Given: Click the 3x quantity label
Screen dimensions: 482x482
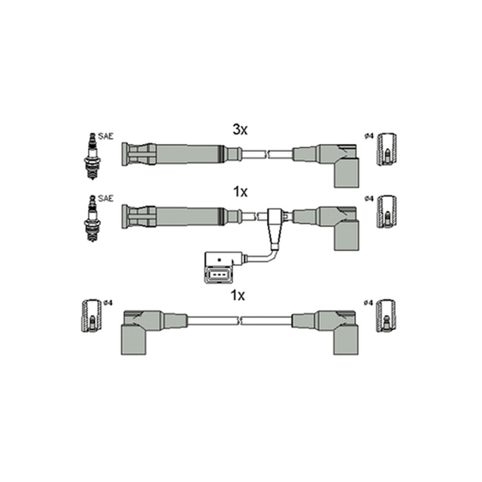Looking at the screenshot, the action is (240, 130).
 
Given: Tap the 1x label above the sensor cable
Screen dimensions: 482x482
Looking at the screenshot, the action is (240, 192).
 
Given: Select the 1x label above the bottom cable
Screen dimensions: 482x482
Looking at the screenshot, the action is (237, 295).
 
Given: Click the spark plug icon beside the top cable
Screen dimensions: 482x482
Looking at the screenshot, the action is (92, 156).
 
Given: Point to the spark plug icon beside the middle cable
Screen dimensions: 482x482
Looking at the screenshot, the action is (92, 218).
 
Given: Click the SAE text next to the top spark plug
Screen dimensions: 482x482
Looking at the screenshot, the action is (106, 136).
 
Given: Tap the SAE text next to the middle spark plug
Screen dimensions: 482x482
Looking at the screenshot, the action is (106, 199).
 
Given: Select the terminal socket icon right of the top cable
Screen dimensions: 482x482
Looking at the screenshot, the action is (387, 149).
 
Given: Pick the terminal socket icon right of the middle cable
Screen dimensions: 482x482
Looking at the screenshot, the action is (387, 211).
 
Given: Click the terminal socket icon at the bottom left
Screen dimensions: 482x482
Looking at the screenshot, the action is (92, 315).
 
